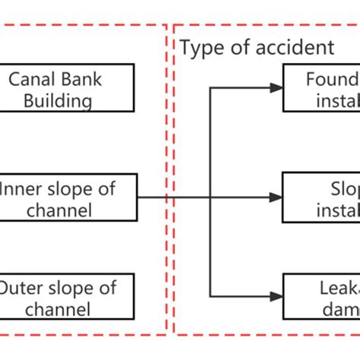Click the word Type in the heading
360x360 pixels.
pyautogui.click(x=200, y=48)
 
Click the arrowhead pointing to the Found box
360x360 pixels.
pyautogui.click(x=276, y=88)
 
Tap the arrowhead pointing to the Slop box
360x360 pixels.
pyautogui.click(x=276, y=197)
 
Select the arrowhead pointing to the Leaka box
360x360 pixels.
pyautogui.click(x=276, y=296)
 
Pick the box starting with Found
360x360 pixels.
pyautogui.click(x=321, y=89)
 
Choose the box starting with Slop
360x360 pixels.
pyautogui.click(x=321, y=197)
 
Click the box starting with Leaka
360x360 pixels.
pyautogui.click(x=321, y=297)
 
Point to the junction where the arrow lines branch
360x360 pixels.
pyautogui.click(x=210, y=197)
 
